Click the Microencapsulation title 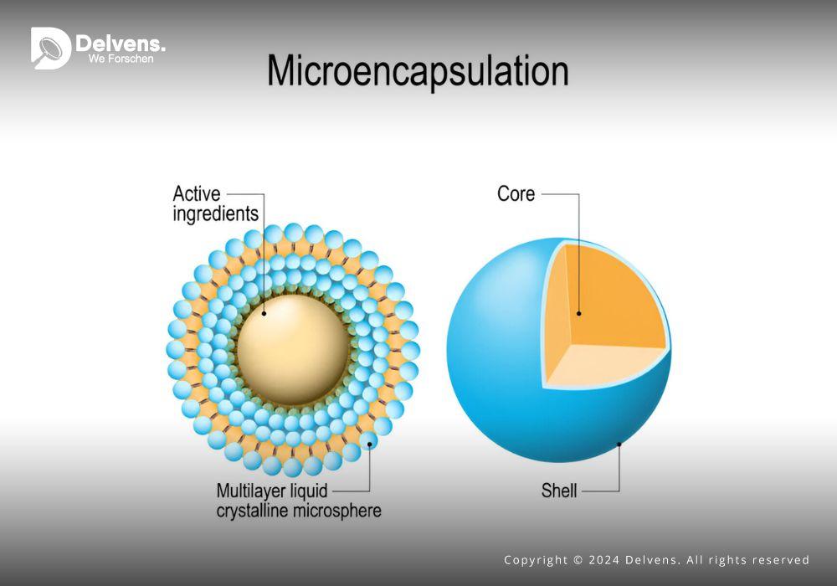[418, 71]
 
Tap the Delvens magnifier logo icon [51, 48]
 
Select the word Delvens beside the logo [120, 44]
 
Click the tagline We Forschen [121, 59]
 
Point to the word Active [197, 193]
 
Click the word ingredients [216, 213]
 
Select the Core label [516, 193]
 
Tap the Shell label [559, 491]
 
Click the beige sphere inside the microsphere [293, 350]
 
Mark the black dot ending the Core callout [579, 314]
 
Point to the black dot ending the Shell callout [619, 444]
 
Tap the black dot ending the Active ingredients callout [264, 314]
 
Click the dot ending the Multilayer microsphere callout [369, 444]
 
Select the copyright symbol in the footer [578, 560]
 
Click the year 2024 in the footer [604, 560]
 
